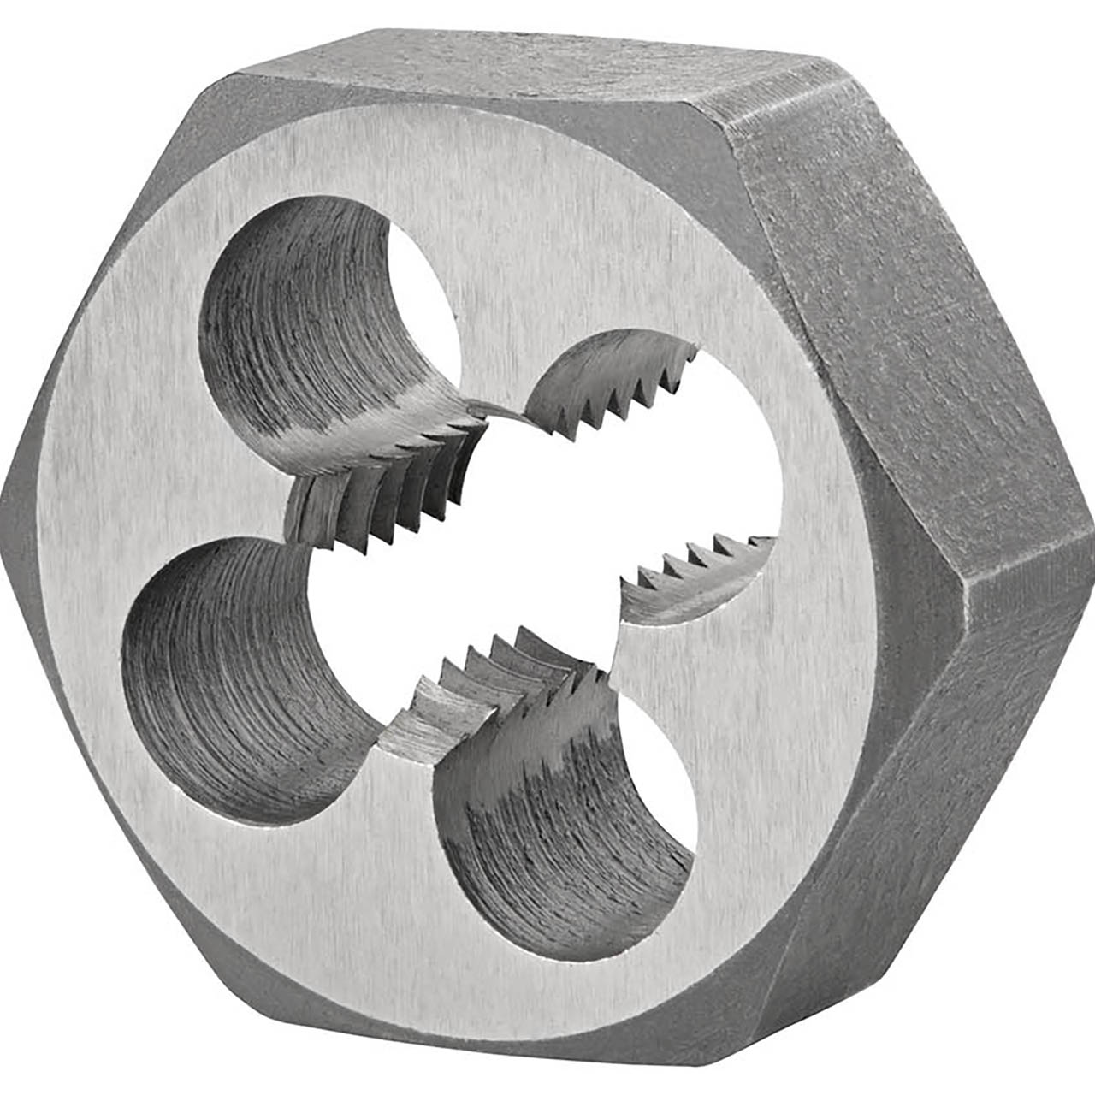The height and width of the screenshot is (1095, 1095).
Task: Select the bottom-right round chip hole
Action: (x=556, y=821)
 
